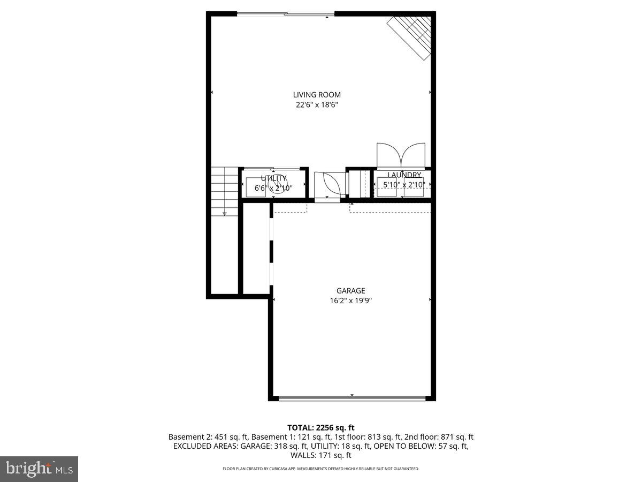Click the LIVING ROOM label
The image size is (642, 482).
point(317,95)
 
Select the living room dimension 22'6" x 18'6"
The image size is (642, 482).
point(317,105)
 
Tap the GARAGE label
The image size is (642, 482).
point(350,291)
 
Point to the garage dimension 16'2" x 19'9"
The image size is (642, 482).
point(350,301)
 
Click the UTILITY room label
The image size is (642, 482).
point(273,178)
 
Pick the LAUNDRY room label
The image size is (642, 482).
point(404,175)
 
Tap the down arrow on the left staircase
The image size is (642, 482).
point(224,214)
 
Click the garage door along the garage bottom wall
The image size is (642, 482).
point(352,398)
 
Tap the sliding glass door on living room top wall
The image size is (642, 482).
point(286,14)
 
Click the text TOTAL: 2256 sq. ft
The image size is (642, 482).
point(321,427)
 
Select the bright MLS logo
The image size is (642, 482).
point(39,469)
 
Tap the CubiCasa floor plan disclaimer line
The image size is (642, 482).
point(321,469)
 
